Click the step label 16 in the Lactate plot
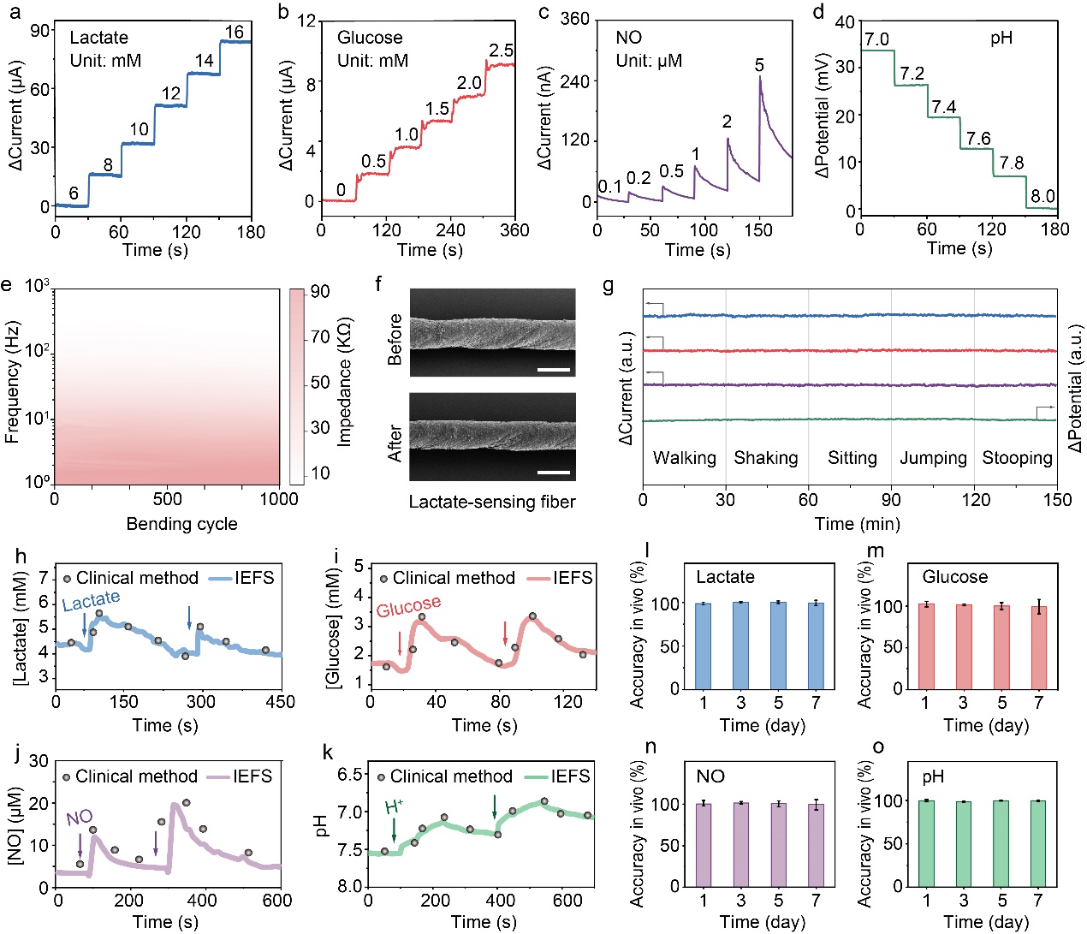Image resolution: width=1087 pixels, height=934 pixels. coord(234,33)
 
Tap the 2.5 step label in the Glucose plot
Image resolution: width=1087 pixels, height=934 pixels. coord(501,51)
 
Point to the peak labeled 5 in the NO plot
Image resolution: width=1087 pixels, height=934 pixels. coord(759,66)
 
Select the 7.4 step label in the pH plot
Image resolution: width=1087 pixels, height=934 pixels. coord(944,107)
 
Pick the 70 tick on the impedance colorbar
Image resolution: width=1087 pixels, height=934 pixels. coord(320,337)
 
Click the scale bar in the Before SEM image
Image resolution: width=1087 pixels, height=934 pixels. coord(555,370)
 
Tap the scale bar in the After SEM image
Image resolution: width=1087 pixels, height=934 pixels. coord(555,472)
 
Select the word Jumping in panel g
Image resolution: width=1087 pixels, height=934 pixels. coord(933,458)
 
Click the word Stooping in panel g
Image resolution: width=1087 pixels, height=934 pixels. coord(1017,458)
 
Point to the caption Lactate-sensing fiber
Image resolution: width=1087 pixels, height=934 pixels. coord(492,502)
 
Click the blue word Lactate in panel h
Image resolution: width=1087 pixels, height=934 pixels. coord(91,601)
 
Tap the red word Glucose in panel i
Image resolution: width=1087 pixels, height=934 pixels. coord(408,607)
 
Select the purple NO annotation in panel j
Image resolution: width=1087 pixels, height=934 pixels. coord(80,818)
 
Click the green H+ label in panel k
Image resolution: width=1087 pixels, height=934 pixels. coord(394,806)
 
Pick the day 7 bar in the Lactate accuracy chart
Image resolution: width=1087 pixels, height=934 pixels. coord(816,645)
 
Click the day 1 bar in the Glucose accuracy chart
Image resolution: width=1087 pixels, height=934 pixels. coord(925,646)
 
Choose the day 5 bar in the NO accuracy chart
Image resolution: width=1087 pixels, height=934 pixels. coord(778,845)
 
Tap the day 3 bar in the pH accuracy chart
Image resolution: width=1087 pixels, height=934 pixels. coord(963,844)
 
